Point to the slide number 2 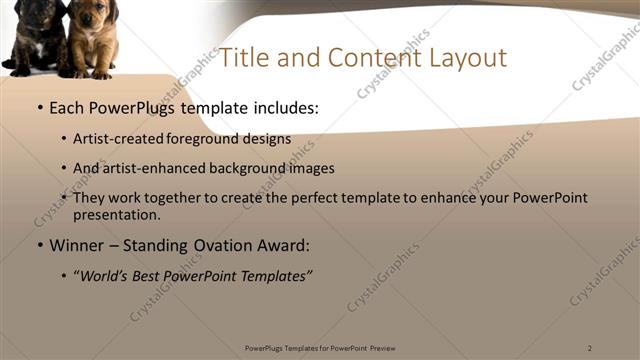tap(590, 348)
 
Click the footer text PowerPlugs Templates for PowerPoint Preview tap(320, 348)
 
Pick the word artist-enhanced tap(150, 168)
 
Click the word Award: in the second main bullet tap(288, 244)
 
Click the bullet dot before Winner tap(39, 245)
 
